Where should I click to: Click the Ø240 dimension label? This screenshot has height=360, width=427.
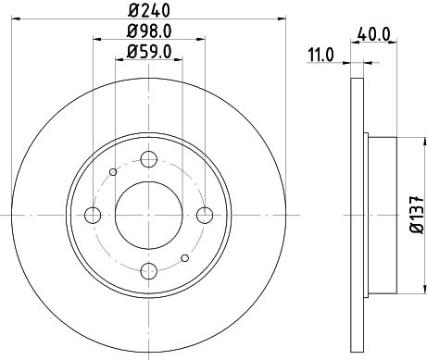149,11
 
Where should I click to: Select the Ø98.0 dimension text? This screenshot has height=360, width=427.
149,31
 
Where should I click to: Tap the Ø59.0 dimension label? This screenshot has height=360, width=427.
149,52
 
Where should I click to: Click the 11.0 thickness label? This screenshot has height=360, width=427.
320,56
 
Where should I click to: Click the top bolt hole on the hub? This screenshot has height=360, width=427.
149,159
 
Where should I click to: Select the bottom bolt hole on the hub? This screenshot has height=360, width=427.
149,271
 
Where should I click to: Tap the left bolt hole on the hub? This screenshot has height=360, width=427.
93,215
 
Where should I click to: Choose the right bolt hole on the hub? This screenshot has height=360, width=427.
205,215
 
